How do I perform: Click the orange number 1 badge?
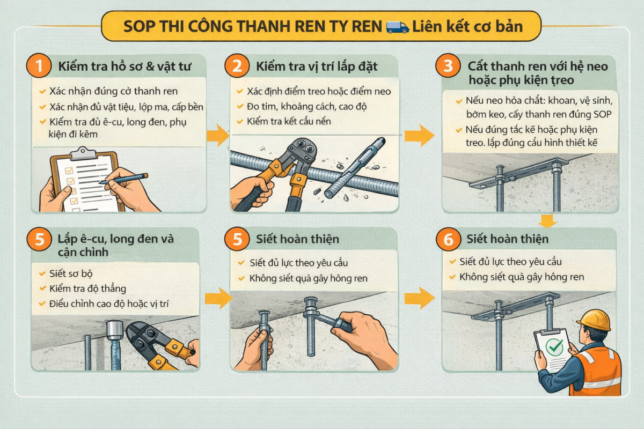(39, 67)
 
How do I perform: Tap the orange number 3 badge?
(448, 67)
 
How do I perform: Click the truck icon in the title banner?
(397, 26)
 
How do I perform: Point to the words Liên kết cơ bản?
(467, 26)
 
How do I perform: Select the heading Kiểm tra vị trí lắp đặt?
(317, 68)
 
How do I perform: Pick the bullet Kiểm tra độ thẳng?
(87, 289)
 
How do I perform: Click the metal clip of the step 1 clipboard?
(83, 153)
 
